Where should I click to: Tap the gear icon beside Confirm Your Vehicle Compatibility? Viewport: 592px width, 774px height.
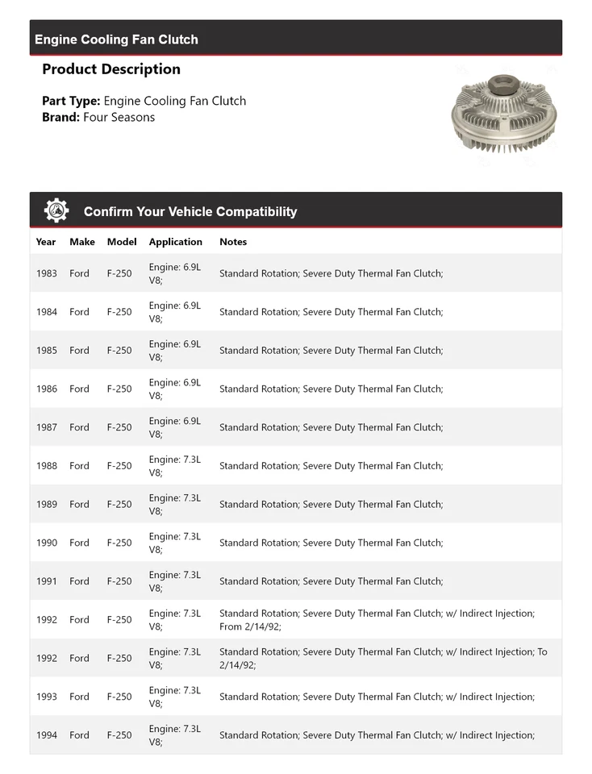(56, 210)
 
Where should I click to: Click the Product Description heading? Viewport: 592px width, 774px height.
(111, 69)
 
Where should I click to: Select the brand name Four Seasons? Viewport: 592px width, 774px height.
(119, 117)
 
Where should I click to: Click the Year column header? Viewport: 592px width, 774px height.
(46, 242)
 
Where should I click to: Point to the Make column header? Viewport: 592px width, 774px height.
(81, 242)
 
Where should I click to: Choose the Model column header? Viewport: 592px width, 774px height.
(122, 242)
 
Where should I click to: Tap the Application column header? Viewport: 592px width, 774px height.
(175, 242)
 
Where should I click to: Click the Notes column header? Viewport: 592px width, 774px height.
(233, 242)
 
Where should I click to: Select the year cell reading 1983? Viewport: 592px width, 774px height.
(47, 273)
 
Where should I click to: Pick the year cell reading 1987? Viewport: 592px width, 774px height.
(47, 427)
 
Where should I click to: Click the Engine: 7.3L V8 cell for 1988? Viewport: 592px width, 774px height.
(174, 466)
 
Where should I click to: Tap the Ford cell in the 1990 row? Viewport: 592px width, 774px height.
(79, 543)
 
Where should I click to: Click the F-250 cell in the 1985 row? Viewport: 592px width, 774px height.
(119, 351)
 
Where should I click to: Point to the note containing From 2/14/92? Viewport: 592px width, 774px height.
(377, 620)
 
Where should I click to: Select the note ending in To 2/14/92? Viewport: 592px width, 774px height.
(382, 658)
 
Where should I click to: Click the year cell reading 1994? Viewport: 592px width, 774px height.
(47, 735)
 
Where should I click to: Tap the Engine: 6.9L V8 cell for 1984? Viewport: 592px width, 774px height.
(174, 312)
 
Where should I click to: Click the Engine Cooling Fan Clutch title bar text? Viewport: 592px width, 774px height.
(116, 40)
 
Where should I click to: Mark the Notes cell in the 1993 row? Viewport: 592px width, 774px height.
(377, 697)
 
